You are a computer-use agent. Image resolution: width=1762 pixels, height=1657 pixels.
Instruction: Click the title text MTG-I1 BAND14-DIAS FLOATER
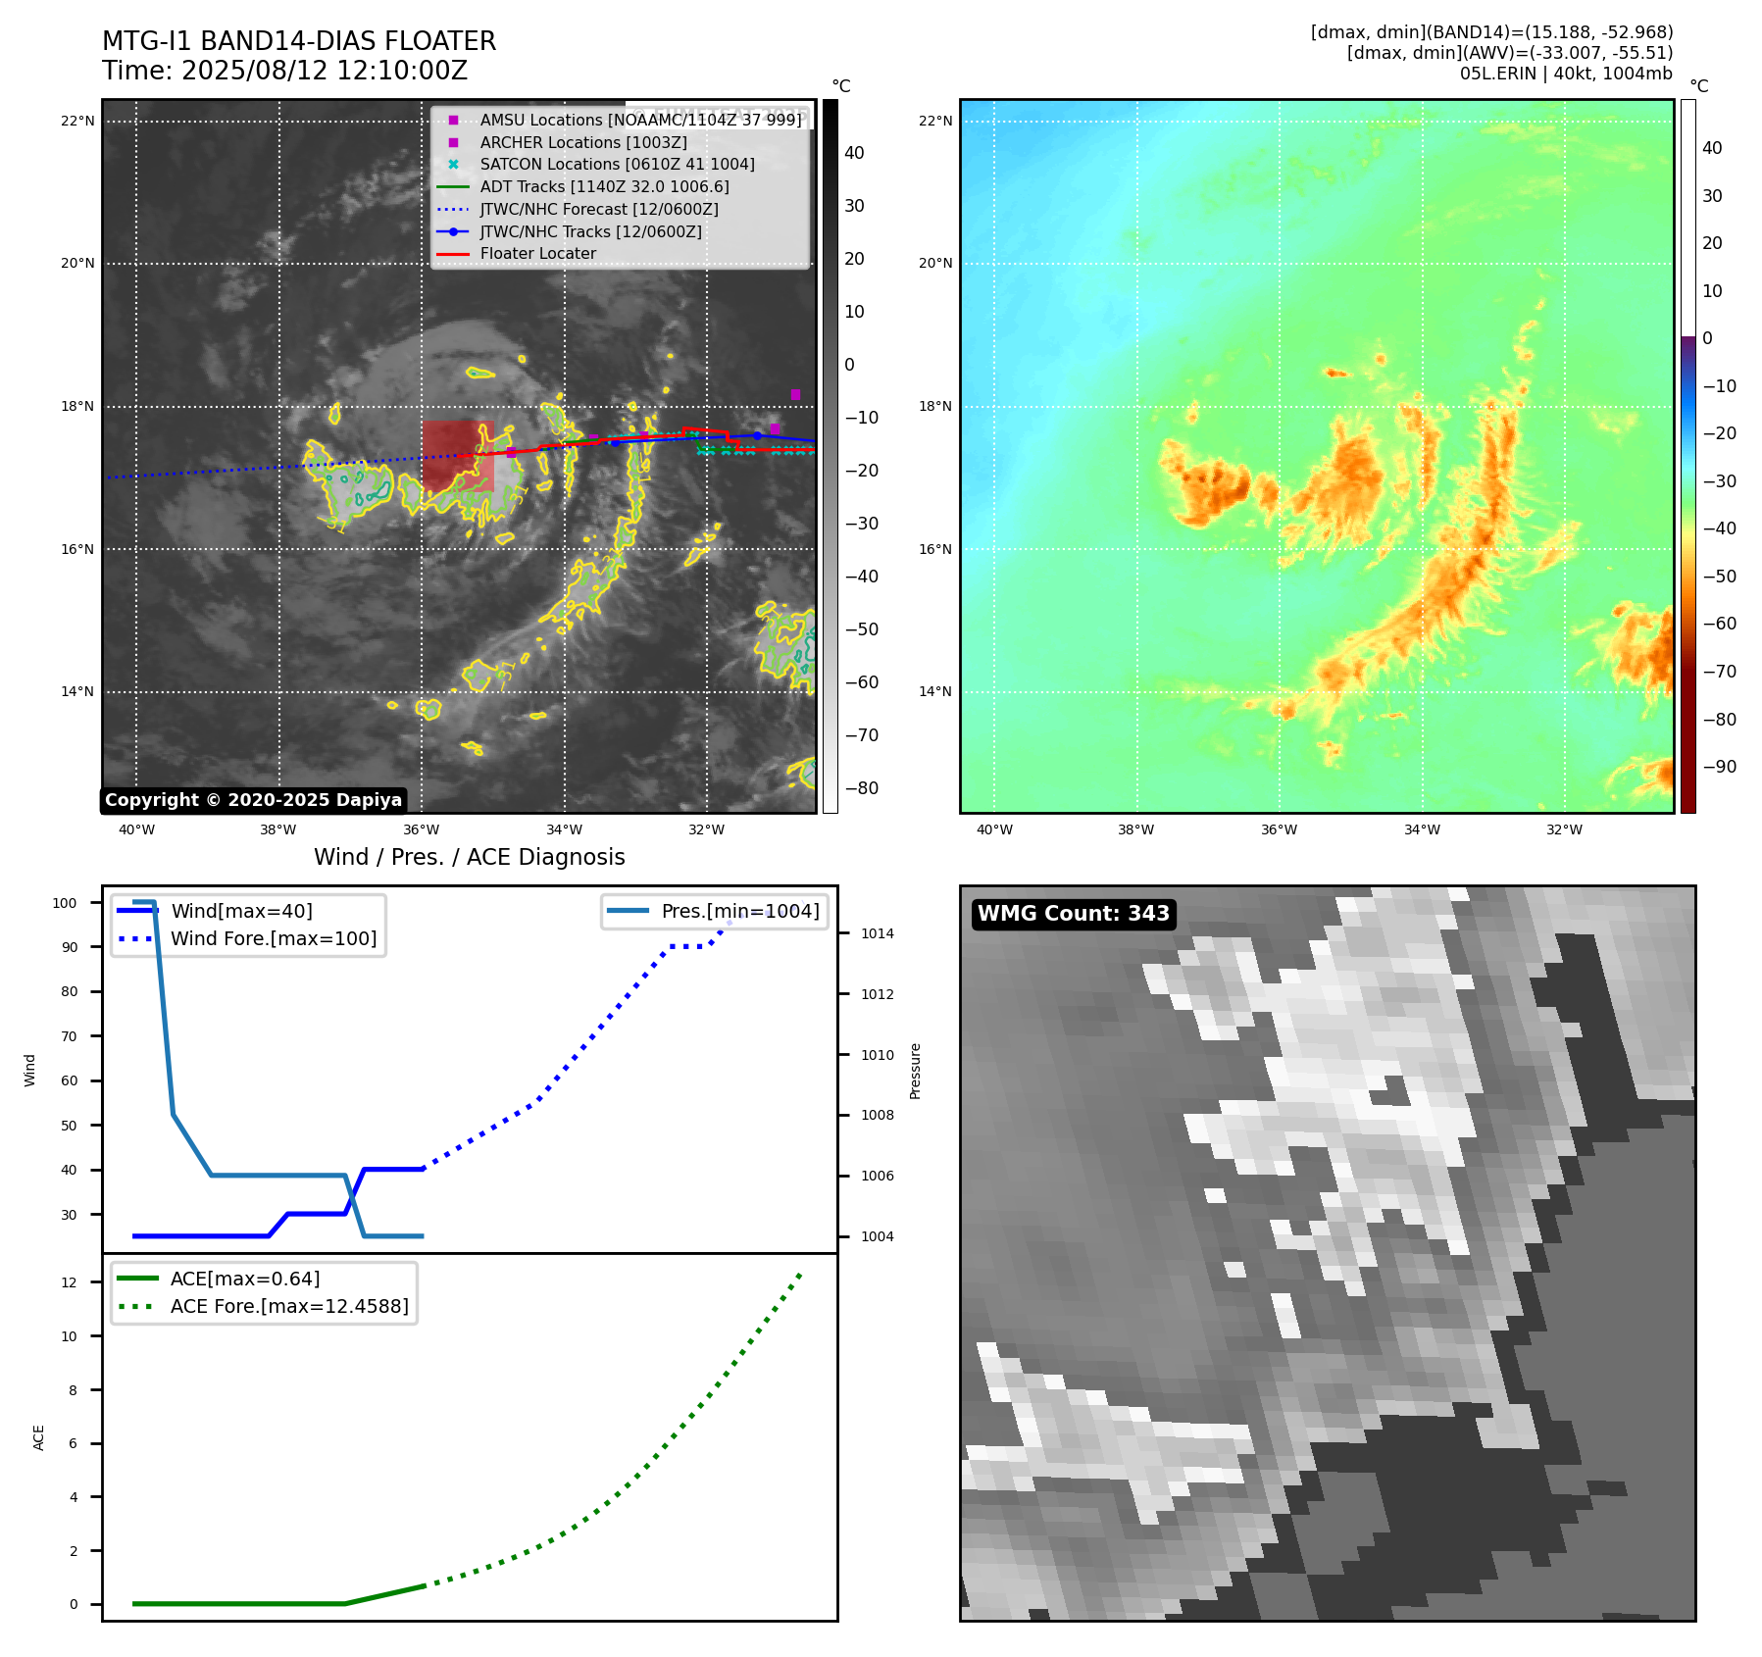(x=299, y=41)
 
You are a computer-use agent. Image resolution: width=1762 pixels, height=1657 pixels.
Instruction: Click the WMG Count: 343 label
(x=1073, y=914)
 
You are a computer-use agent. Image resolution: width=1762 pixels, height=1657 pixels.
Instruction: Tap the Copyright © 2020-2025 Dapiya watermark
(x=253, y=800)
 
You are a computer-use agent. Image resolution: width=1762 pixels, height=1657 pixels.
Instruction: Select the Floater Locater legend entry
(x=537, y=254)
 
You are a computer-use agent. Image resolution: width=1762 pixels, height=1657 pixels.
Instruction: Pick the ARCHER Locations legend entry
(x=582, y=142)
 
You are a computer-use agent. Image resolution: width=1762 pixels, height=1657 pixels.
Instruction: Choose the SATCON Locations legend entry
(x=617, y=165)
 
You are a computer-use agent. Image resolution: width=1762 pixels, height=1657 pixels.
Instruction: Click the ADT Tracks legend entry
(x=604, y=186)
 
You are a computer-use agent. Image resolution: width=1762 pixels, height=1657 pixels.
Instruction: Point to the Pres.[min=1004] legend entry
(x=739, y=911)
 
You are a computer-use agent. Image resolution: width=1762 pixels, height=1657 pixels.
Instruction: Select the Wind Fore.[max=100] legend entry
(x=274, y=938)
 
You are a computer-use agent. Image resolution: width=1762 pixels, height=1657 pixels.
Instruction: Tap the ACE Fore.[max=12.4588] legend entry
(x=289, y=1306)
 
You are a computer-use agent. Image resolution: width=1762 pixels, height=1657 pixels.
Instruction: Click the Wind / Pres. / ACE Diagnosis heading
(x=469, y=857)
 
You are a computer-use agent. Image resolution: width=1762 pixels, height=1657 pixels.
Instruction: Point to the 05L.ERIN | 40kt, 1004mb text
(x=1566, y=74)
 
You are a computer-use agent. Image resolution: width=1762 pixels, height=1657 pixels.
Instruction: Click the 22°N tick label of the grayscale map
(x=77, y=122)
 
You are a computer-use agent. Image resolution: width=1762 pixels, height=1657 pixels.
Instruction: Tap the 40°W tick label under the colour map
(x=994, y=830)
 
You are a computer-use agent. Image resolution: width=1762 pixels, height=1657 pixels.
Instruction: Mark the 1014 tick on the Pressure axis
(x=877, y=933)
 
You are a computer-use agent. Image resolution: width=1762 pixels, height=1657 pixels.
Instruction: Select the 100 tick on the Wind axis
(x=65, y=903)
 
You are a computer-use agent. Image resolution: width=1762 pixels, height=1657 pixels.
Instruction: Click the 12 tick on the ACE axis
(x=69, y=1282)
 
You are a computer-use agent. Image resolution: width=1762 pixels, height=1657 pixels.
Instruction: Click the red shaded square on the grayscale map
(x=458, y=456)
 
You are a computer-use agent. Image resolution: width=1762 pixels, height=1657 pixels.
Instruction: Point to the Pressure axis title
(x=915, y=1071)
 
